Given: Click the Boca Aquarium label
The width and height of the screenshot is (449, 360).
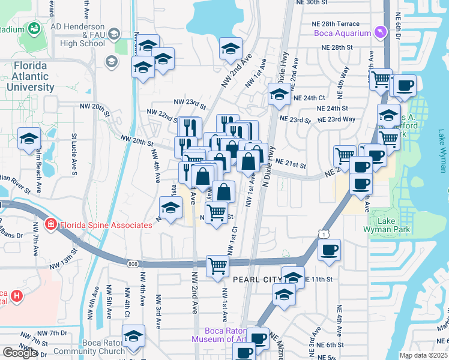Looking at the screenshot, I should click(342, 33).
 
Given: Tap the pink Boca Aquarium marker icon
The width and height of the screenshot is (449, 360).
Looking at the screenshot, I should click(379, 32).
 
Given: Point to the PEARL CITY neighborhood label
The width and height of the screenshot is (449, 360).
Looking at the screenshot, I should click(256, 280).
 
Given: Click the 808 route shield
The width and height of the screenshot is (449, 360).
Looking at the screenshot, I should click(133, 263).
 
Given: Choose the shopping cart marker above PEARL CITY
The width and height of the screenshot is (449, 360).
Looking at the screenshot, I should click(217, 265).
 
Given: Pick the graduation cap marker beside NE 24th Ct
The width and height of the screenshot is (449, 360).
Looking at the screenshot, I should click(279, 94).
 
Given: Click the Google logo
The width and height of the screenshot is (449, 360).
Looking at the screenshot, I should click(19, 353).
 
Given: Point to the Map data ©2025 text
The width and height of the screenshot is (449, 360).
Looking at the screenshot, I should click(424, 355).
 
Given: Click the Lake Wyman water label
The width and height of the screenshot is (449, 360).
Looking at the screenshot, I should click(442, 150).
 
